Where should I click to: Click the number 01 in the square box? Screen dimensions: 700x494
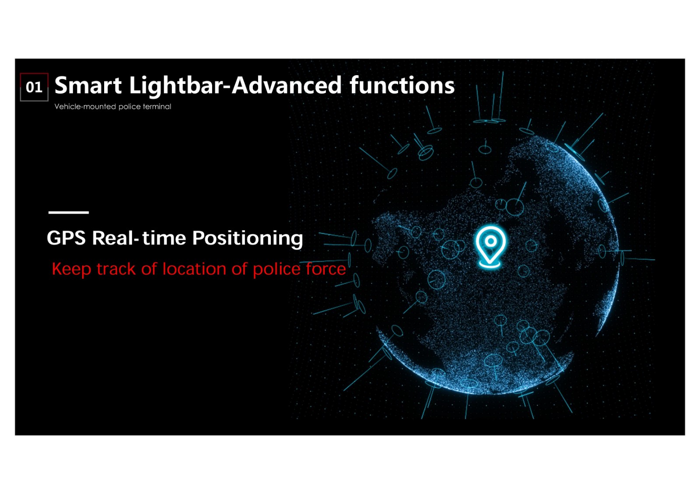34,87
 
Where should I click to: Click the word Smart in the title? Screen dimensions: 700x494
88,85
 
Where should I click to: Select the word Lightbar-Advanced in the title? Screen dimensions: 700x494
235,86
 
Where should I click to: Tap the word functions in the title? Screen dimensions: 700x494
402,85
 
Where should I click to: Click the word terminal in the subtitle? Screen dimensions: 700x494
157,107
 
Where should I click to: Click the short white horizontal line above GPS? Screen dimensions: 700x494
69,212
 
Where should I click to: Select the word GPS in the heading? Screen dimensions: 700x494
66,238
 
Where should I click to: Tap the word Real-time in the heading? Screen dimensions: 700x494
139,238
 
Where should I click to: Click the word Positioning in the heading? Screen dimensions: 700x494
248,239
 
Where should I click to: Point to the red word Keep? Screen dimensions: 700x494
72,269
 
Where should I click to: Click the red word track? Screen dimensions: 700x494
116,269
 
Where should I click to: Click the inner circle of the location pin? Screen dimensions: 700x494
490,241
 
